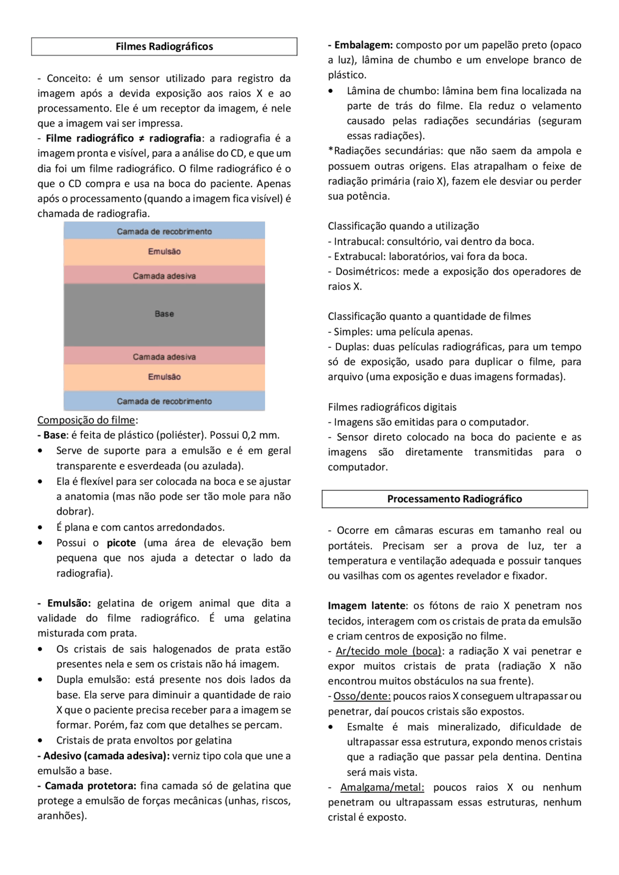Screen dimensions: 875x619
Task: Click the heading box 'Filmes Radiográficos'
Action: [x=164, y=47]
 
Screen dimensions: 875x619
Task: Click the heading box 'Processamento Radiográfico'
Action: [x=454, y=499]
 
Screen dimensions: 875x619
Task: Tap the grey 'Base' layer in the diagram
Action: [x=164, y=314]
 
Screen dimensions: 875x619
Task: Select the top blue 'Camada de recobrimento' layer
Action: [x=164, y=231]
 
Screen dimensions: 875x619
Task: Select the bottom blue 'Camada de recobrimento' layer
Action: [x=164, y=402]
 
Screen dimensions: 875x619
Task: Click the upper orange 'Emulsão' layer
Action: [x=164, y=252]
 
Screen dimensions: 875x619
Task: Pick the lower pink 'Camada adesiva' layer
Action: [x=164, y=357]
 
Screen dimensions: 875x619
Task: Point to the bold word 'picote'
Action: [x=121, y=543]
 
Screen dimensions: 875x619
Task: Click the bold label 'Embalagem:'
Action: [x=360, y=45]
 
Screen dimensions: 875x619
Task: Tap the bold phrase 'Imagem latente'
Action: [x=367, y=606]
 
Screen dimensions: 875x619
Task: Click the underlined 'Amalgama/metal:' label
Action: [x=382, y=788]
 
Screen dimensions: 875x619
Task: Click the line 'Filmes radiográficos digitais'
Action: [x=392, y=407]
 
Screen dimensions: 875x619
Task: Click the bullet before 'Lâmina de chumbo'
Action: [x=331, y=91]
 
